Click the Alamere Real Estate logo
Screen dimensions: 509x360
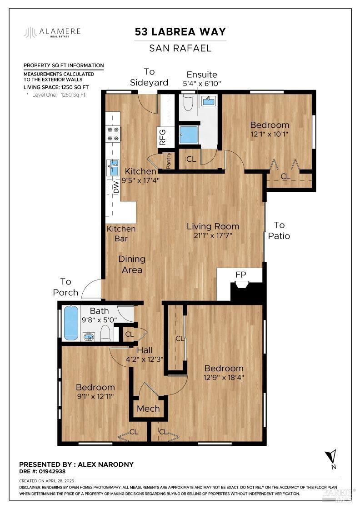52,32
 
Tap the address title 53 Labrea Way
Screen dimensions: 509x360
180,31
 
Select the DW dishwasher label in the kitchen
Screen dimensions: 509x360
115,187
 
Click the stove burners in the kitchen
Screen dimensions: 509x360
112,134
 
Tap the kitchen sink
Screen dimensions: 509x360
113,168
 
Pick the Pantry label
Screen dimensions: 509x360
168,160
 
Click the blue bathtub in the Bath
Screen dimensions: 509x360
71,323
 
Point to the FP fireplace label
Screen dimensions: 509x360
240,274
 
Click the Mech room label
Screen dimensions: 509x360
148,409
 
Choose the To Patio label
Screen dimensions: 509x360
279,230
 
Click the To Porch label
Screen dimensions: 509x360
66,287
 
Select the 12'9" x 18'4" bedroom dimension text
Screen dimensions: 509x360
223,377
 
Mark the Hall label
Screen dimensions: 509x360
145,350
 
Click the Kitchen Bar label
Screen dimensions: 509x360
121,234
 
